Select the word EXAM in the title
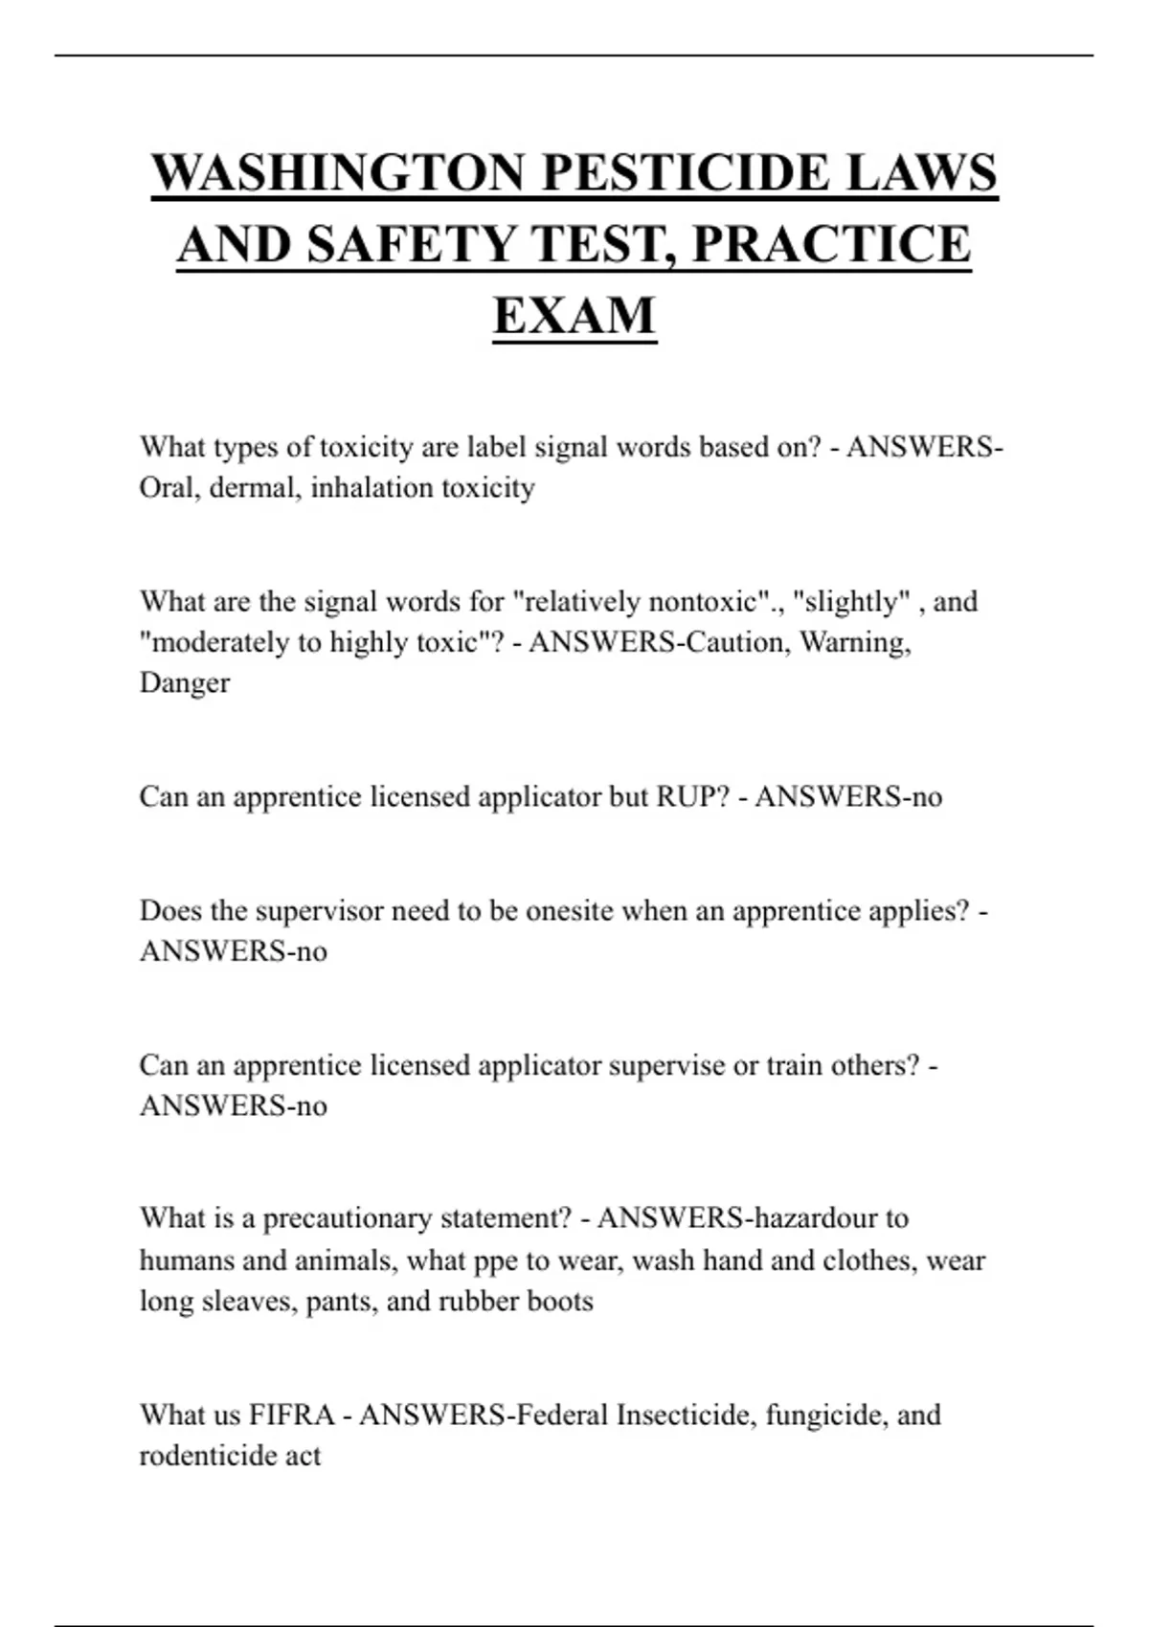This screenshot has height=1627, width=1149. [x=574, y=315]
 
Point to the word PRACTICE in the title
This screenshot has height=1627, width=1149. [x=831, y=244]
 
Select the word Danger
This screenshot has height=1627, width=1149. [x=185, y=683]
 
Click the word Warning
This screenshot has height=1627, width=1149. [x=854, y=642]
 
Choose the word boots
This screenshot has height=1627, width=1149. [x=560, y=1302]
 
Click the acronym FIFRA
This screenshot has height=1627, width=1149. [x=292, y=1415]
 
